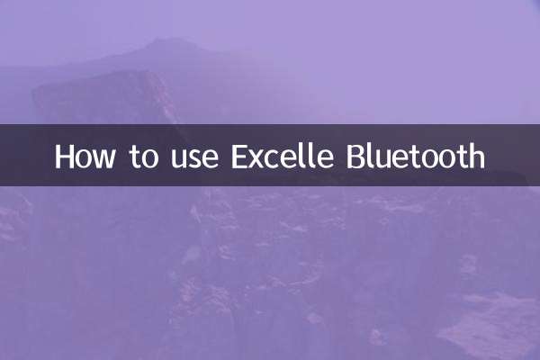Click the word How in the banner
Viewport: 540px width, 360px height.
tap(84, 157)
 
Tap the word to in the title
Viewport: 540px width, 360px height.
tap(140, 157)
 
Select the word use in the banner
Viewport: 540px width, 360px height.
tap(192, 158)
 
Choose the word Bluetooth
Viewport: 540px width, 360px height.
tap(415, 157)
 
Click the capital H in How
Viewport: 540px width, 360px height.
tap(64, 157)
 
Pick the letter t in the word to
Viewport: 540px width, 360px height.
tap(133, 157)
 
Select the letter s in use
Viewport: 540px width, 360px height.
tap(192, 159)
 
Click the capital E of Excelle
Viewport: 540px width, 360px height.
tap(240, 157)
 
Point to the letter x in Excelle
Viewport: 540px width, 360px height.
tap(259, 159)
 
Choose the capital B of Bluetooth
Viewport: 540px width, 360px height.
tap(355, 157)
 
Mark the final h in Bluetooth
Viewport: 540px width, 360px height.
tap(476, 157)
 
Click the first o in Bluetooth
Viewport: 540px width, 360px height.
tap(436, 159)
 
